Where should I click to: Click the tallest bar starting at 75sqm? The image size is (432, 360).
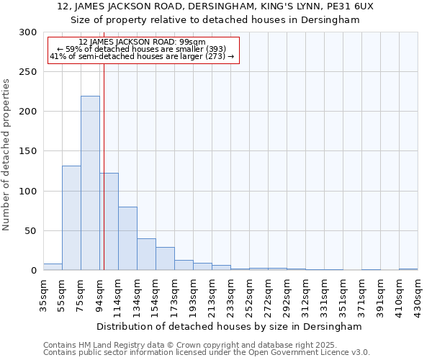tap(90, 183)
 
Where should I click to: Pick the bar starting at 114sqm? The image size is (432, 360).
tap(127, 238)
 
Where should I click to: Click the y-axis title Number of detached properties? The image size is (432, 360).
tap(6, 155)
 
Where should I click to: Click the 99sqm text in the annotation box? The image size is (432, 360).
tap(193, 42)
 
